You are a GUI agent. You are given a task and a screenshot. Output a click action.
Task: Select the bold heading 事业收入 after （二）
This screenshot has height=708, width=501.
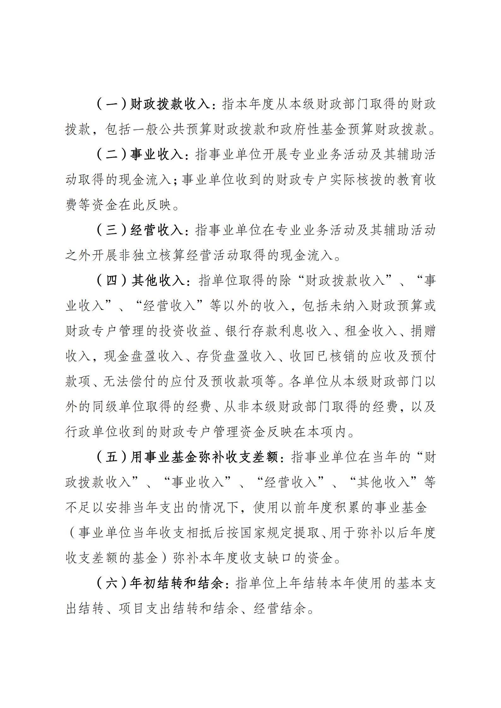(157, 155)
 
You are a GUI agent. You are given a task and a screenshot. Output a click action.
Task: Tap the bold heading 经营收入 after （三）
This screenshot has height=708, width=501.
(157, 230)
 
